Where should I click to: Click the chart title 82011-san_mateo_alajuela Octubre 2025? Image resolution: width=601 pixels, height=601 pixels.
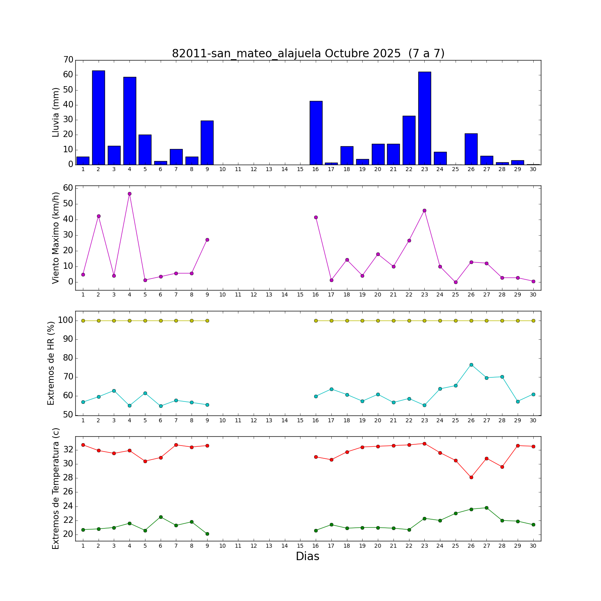[308, 53]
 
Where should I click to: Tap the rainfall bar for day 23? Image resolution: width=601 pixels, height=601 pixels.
[425, 118]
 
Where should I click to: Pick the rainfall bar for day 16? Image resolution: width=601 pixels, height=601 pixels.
[316, 133]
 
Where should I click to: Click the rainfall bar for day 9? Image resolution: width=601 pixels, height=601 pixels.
[207, 142]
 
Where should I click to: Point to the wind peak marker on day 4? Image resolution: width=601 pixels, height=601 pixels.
[129, 194]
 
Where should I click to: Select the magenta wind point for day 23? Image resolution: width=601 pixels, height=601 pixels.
[424, 210]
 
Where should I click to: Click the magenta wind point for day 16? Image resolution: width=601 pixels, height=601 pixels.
[316, 217]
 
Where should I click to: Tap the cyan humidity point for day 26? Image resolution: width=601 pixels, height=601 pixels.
[471, 365]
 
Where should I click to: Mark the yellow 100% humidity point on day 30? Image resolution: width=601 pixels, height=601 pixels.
[533, 321]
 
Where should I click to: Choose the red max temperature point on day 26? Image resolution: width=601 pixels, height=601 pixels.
[471, 477]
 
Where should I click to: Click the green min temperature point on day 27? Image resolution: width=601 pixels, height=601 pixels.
[486, 508]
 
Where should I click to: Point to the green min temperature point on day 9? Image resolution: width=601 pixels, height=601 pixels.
[207, 534]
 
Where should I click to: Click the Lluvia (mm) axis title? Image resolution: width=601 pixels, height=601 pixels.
[56, 112]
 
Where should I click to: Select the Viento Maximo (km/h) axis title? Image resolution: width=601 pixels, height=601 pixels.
[56, 238]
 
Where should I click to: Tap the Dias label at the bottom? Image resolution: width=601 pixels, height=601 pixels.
[307, 556]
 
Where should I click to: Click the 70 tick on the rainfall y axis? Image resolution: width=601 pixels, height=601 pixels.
[68, 60]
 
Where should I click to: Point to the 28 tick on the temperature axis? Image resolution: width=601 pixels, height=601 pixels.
[68, 478]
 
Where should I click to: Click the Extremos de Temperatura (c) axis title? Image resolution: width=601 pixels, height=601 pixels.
[56, 488]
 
